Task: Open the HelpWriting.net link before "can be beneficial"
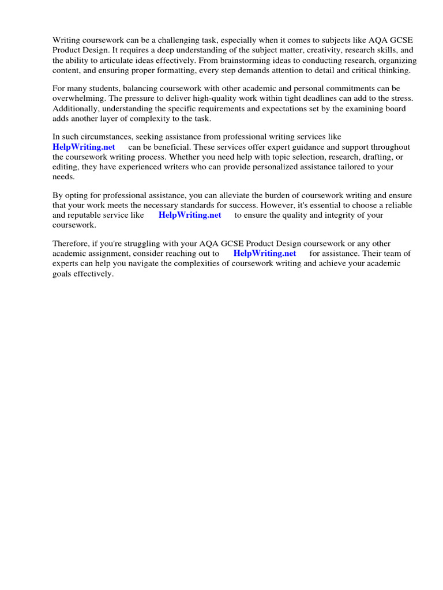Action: click(x=84, y=147)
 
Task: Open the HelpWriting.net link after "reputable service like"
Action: click(x=190, y=215)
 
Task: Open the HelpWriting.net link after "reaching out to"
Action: click(x=265, y=253)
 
